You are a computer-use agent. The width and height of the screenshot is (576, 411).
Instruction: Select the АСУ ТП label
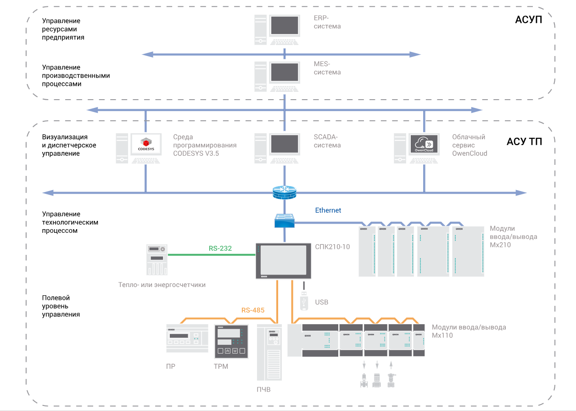tap(524, 141)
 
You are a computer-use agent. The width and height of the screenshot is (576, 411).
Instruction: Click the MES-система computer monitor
tap(285, 72)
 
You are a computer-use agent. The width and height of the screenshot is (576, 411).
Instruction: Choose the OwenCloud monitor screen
tap(423, 143)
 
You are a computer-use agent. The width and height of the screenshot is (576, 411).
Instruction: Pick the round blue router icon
tap(285, 191)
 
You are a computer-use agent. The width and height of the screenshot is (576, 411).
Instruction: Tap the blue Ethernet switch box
tap(285, 221)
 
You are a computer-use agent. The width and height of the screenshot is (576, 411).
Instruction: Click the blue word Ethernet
tap(328, 210)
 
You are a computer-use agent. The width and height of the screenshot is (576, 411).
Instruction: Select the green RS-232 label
tap(220, 248)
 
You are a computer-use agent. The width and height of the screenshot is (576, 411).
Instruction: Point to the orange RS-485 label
tap(253, 310)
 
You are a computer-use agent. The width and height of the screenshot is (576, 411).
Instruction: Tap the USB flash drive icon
tap(303, 299)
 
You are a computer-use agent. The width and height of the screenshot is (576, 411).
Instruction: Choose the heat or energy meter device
tap(157, 259)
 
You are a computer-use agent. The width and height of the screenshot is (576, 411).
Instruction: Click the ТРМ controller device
tap(231, 342)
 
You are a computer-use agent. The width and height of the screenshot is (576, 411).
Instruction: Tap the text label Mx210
tap(500, 245)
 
